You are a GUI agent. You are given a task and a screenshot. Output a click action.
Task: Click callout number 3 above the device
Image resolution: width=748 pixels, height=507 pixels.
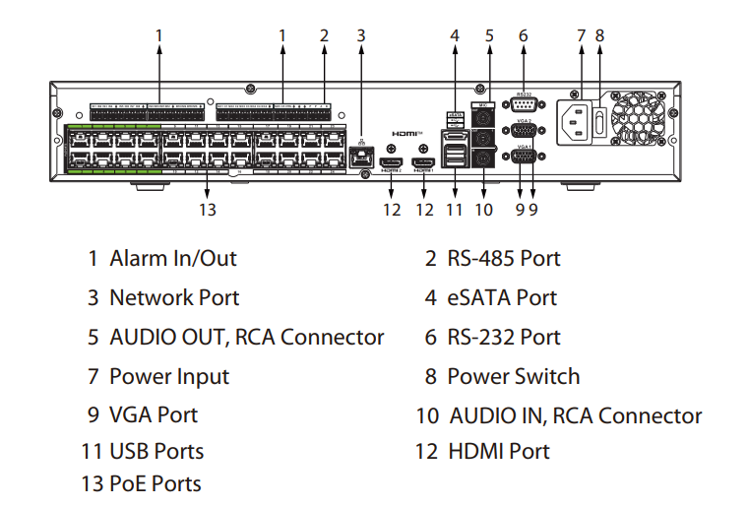361,34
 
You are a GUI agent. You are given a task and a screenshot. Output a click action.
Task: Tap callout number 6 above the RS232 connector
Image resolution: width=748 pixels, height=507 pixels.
524,34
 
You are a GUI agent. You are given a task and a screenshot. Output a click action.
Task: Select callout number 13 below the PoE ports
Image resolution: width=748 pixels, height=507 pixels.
207,209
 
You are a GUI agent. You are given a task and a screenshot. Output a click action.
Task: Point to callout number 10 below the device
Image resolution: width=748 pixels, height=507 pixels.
483,209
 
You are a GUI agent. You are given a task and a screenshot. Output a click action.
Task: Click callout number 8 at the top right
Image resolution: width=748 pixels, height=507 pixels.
599,34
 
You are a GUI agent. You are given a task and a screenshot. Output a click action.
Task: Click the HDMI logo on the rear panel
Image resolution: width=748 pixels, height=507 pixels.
406,131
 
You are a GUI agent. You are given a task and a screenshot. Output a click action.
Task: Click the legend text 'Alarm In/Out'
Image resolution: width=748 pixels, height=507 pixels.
173,259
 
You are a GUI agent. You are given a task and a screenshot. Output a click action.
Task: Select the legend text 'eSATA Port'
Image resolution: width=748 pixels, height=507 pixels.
502,298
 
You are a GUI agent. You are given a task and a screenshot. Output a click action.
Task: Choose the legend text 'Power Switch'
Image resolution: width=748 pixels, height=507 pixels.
513,377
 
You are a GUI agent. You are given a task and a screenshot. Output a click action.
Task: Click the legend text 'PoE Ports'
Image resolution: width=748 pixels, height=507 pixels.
156,483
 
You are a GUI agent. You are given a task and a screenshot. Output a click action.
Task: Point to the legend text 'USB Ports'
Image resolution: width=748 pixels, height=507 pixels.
156,452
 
